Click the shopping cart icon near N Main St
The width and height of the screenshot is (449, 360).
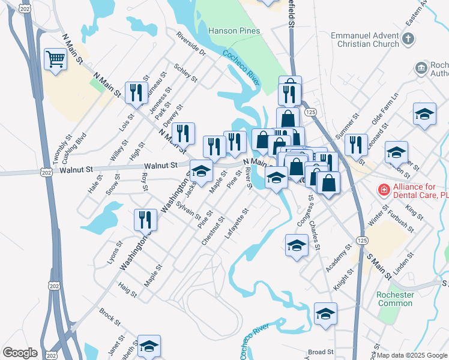point(55,59)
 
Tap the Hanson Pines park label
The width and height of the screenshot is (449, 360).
point(234,31)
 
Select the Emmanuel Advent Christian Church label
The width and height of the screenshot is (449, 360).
point(365,40)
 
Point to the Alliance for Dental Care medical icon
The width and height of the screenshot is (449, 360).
point(382,190)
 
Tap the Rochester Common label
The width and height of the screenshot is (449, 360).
point(395,299)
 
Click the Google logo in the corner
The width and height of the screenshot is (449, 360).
point(20,352)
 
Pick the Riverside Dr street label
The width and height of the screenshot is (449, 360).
point(191,44)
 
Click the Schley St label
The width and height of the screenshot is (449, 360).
point(185,72)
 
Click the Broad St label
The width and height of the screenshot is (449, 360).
point(321,352)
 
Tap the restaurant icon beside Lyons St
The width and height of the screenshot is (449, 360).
point(145,220)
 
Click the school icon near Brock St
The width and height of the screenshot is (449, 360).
point(149,346)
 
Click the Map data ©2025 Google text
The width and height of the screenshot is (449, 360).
point(411,355)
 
